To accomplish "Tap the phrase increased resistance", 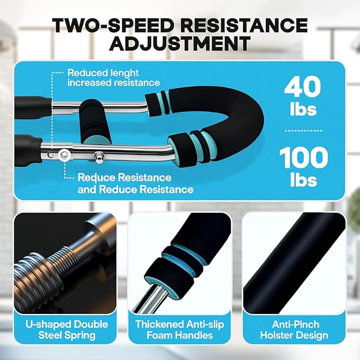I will pyautogui.click(x=113, y=83).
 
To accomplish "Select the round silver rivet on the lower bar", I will pyautogui.click(x=65, y=154).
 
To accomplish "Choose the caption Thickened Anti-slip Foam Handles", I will pyautogui.click(x=180, y=329).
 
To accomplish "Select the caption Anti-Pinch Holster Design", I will pyautogui.click(x=294, y=329).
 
